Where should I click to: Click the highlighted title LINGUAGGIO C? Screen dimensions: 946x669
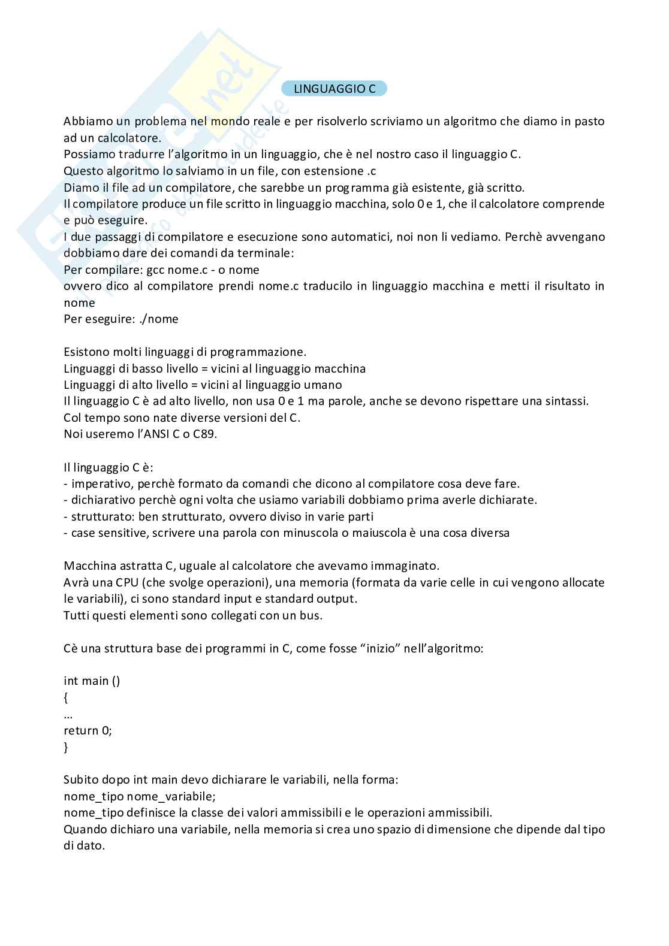(334, 89)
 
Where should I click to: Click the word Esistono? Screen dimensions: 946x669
(86, 352)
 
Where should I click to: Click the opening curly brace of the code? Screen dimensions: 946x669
(66, 698)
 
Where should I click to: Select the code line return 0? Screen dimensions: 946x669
(88, 730)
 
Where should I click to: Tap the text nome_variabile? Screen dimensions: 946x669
(171, 796)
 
